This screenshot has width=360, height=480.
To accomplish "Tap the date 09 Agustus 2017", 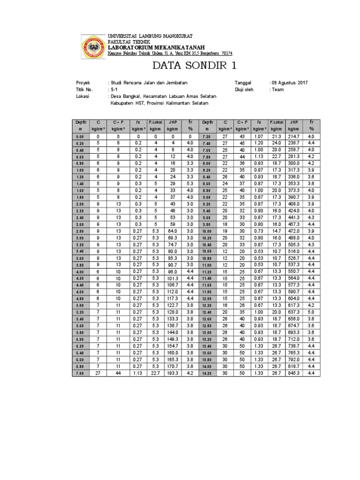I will coord(290,82).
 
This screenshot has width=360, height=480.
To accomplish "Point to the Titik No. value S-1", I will coord(114,90).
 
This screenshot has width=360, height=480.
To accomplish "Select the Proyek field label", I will coord(83,82).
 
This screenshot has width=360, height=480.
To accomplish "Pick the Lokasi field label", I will coord(82,96).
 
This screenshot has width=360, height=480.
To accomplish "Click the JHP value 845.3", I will coord(294,373).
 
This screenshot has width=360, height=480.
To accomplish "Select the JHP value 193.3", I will coord(173,373).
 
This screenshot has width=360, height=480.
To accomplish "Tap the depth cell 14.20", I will coord(208,373).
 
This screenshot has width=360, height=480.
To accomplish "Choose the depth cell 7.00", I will coord(79,373).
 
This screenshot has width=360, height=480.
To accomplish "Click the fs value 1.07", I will coord(259,135).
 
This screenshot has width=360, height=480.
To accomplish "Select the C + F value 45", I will coord(241,143).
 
